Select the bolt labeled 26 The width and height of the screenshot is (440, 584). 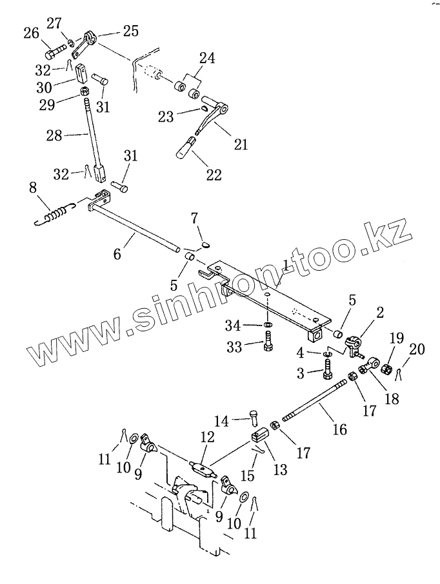(56, 48)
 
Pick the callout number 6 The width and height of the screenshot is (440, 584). (117, 253)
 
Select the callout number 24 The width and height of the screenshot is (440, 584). (206, 59)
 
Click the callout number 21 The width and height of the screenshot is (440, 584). (240, 145)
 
